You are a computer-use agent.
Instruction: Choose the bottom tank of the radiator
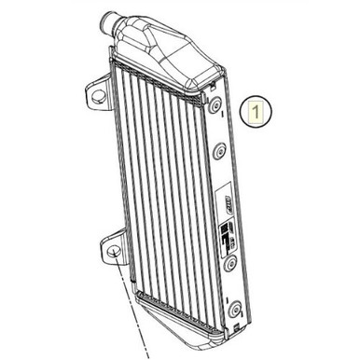click(x=187, y=316)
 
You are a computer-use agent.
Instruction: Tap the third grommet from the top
click(x=229, y=264)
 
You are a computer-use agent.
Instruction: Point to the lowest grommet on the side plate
click(x=235, y=308)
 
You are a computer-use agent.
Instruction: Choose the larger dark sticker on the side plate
click(x=228, y=235)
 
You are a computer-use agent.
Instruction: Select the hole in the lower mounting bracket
click(x=113, y=253)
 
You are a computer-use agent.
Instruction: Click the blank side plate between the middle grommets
click(x=225, y=177)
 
